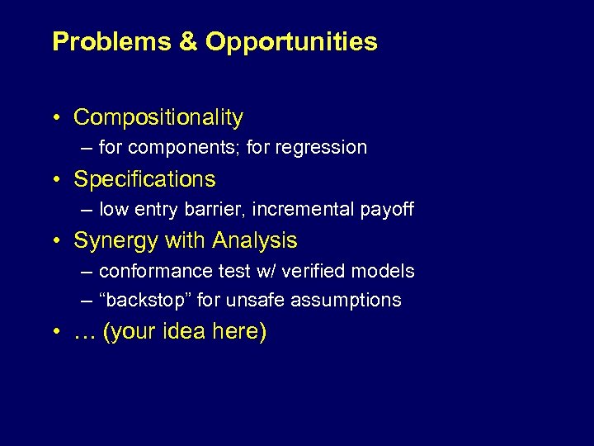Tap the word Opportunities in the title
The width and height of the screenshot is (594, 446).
click(x=291, y=42)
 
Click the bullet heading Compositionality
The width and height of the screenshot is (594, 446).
click(x=158, y=118)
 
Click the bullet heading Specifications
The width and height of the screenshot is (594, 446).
click(x=144, y=179)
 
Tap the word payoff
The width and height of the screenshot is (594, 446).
click(x=388, y=210)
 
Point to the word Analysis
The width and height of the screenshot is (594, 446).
click(x=255, y=241)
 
